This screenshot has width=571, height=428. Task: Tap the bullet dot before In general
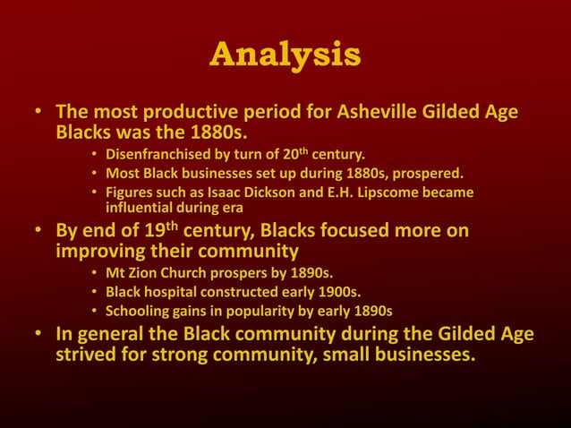click(x=38, y=336)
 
